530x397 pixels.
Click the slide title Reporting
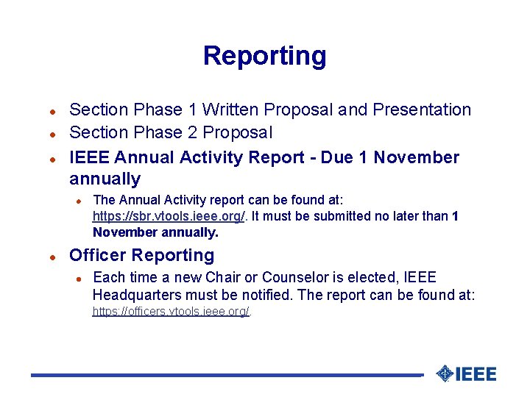pyautogui.click(x=264, y=56)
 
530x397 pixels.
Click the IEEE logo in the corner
pyautogui.click(x=467, y=373)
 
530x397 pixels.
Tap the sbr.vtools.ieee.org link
pyautogui.click(x=169, y=216)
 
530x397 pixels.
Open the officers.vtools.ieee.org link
pyautogui.click(x=171, y=311)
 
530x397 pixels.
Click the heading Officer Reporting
pyautogui.click(x=141, y=256)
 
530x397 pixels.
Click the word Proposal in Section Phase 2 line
pyautogui.click(x=237, y=132)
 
